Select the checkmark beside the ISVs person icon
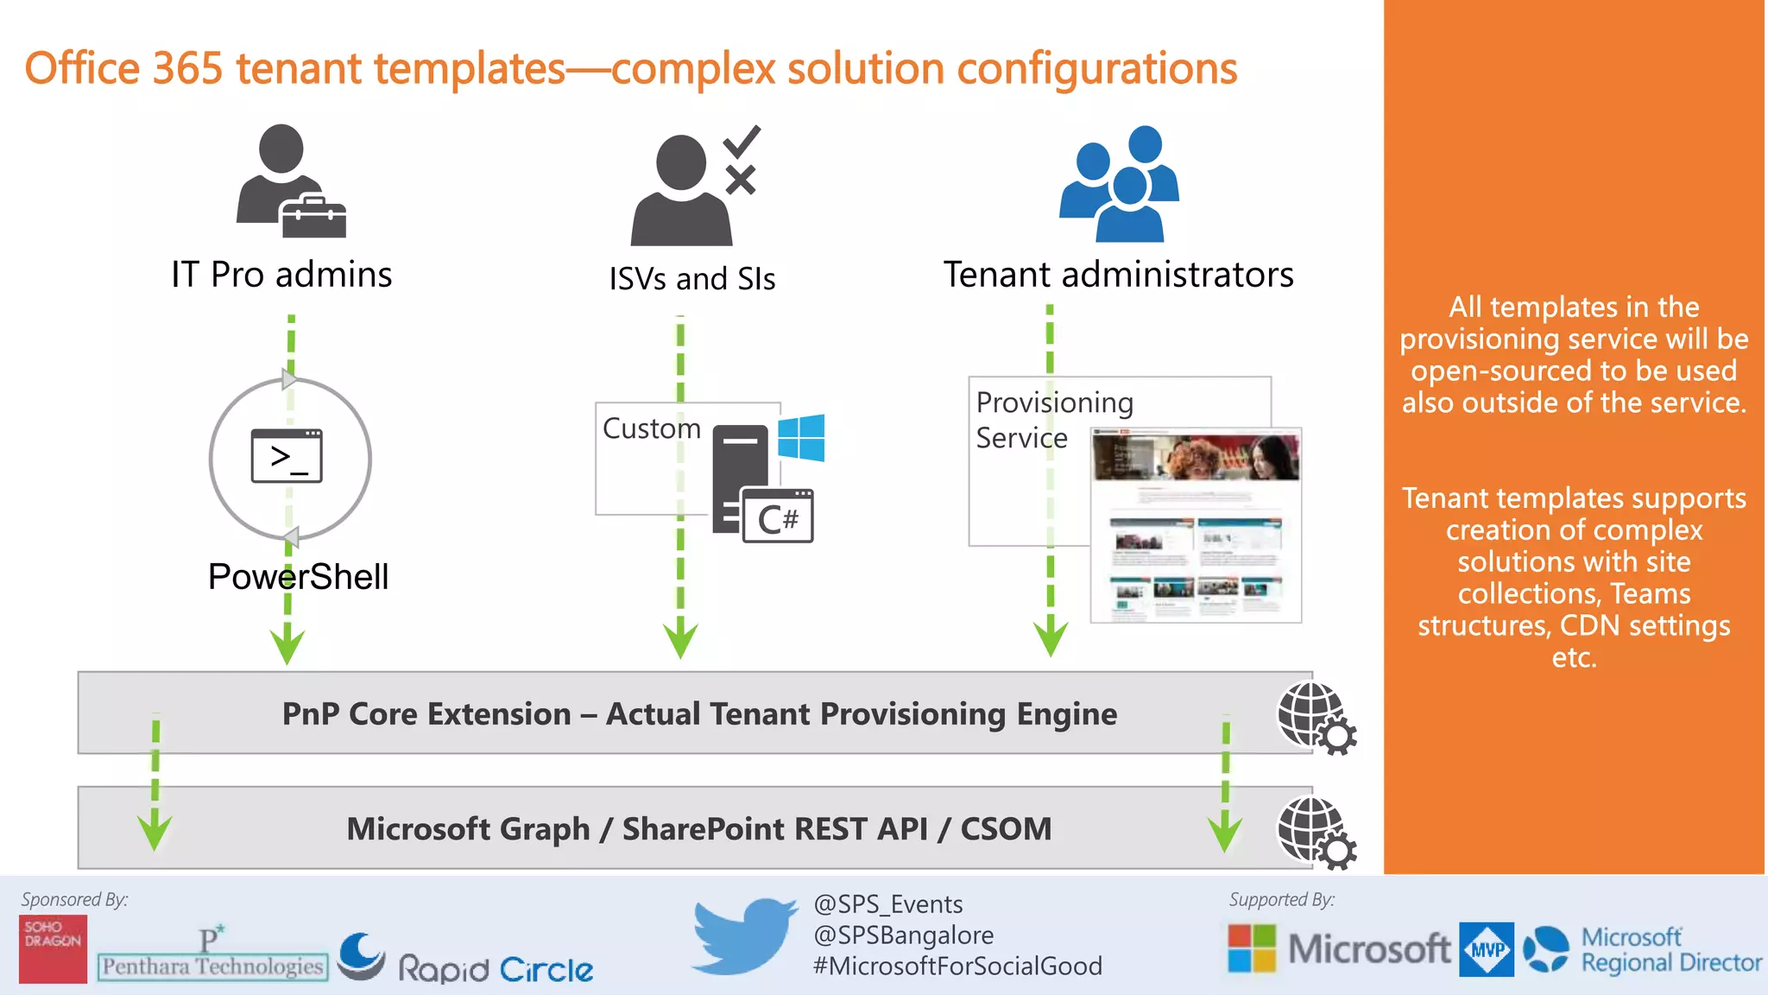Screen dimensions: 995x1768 coord(742,141)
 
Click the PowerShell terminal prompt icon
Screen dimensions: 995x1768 coord(287,456)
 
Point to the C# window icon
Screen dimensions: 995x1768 coord(778,517)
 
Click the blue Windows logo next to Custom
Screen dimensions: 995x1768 coord(801,438)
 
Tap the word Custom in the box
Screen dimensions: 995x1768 coord(651,428)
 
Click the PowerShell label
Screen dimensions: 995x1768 coord(298,576)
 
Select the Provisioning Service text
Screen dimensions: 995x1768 coord(1053,420)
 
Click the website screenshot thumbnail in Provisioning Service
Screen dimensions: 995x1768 coord(1196,525)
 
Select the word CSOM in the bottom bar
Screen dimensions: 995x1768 coord(1006,828)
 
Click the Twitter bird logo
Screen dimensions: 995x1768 coord(744,936)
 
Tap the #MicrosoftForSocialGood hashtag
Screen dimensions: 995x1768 coord(957,966)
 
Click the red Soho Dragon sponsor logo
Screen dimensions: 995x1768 coord(53,948)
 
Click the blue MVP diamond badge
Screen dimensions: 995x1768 coord(1487,949)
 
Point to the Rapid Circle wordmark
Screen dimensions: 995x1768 coord(495,969)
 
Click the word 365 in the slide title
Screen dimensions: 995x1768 coord(187,68)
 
